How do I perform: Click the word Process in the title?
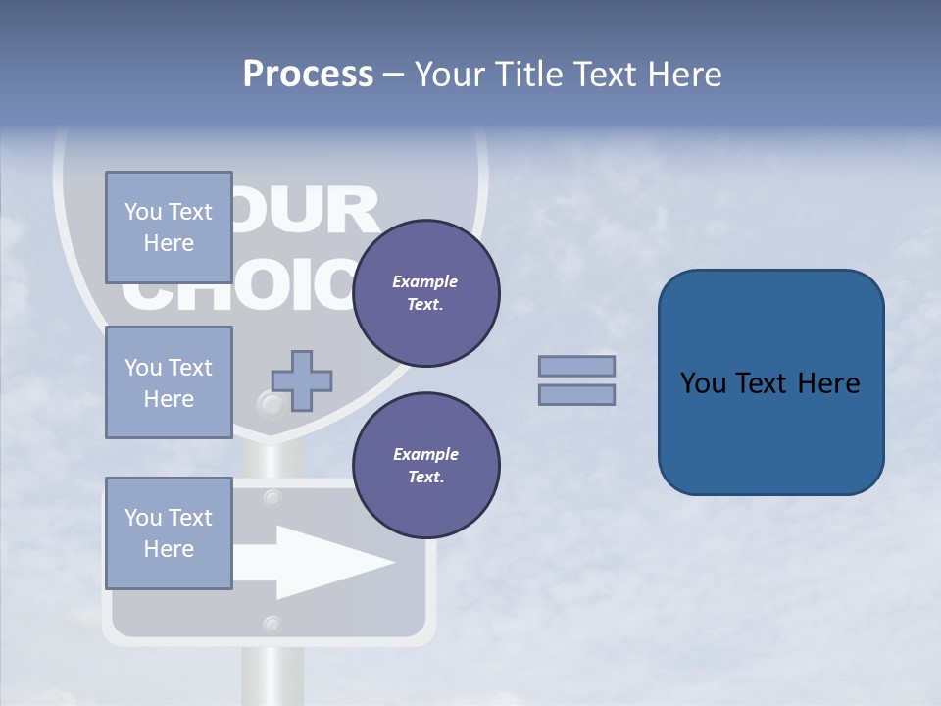click(x=308, y=75)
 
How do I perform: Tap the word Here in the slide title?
click(x=683, y=75)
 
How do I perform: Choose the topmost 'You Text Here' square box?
click(x=169, y=227)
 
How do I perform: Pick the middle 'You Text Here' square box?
click(x=169, y=382)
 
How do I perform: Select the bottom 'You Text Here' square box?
click(x=169, y=533)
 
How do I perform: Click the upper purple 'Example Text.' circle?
click(x=426, y=293)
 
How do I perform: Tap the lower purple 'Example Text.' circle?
click(x=426, y=466)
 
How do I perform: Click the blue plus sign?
click(x=302, y=380)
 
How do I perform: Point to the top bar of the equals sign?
click(x=576, y=366)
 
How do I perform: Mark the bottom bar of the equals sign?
click(x=576, y=394)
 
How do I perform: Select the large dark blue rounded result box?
click(x=770, y=382)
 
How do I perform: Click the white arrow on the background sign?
click(x=323, y=562)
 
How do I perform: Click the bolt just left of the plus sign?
click(x=268, y=403)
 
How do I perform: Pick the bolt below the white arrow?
click(x=272, y=623)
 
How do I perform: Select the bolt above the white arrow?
click(x=272, y=498)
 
